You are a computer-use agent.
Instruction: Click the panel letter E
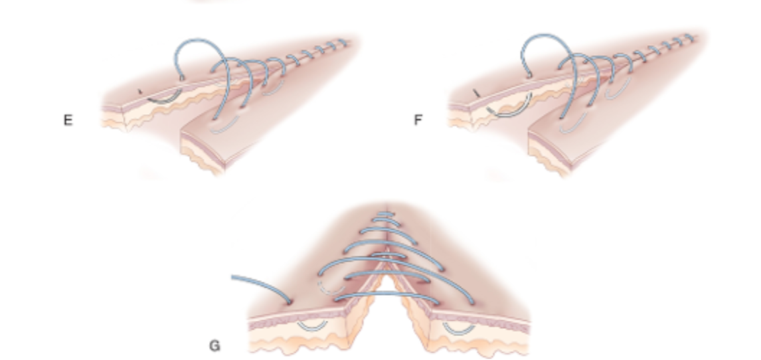click(68, 121)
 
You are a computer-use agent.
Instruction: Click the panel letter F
click(418, 121)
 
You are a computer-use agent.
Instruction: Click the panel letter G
click(214, 345)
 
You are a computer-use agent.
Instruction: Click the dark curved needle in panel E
click(163, 99)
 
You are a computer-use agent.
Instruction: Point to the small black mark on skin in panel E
click(139, 91)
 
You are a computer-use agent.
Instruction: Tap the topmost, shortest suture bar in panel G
click(384, 214)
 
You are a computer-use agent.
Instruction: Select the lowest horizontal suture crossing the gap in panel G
click(385, 297)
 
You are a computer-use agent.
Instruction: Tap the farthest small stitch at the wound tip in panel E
click(344, 43)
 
